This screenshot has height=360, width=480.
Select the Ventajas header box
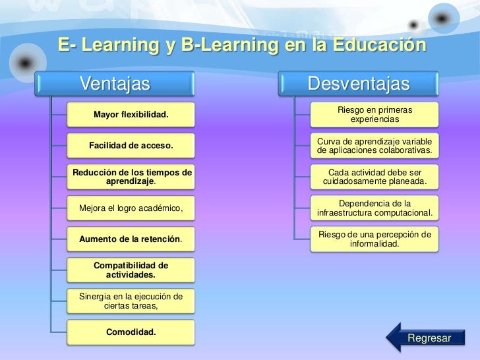[116, 84]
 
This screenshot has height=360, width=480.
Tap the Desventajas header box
[359, 84]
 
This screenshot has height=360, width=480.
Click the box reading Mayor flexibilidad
[131, 116]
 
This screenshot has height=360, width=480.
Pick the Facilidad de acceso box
[131, 146]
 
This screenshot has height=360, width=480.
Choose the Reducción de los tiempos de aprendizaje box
[131, 176]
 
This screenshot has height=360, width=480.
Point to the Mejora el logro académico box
[131, 209]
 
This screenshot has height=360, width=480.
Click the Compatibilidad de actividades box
[131, 270]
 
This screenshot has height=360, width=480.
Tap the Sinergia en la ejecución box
[131, 301]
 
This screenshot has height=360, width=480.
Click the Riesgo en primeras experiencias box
[375, 115]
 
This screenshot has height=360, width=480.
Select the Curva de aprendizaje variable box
[375, 146]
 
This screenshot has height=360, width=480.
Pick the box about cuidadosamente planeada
[375, 177]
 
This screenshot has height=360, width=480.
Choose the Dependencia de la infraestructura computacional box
[375, 208]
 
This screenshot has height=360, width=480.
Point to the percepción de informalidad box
[375, 239]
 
